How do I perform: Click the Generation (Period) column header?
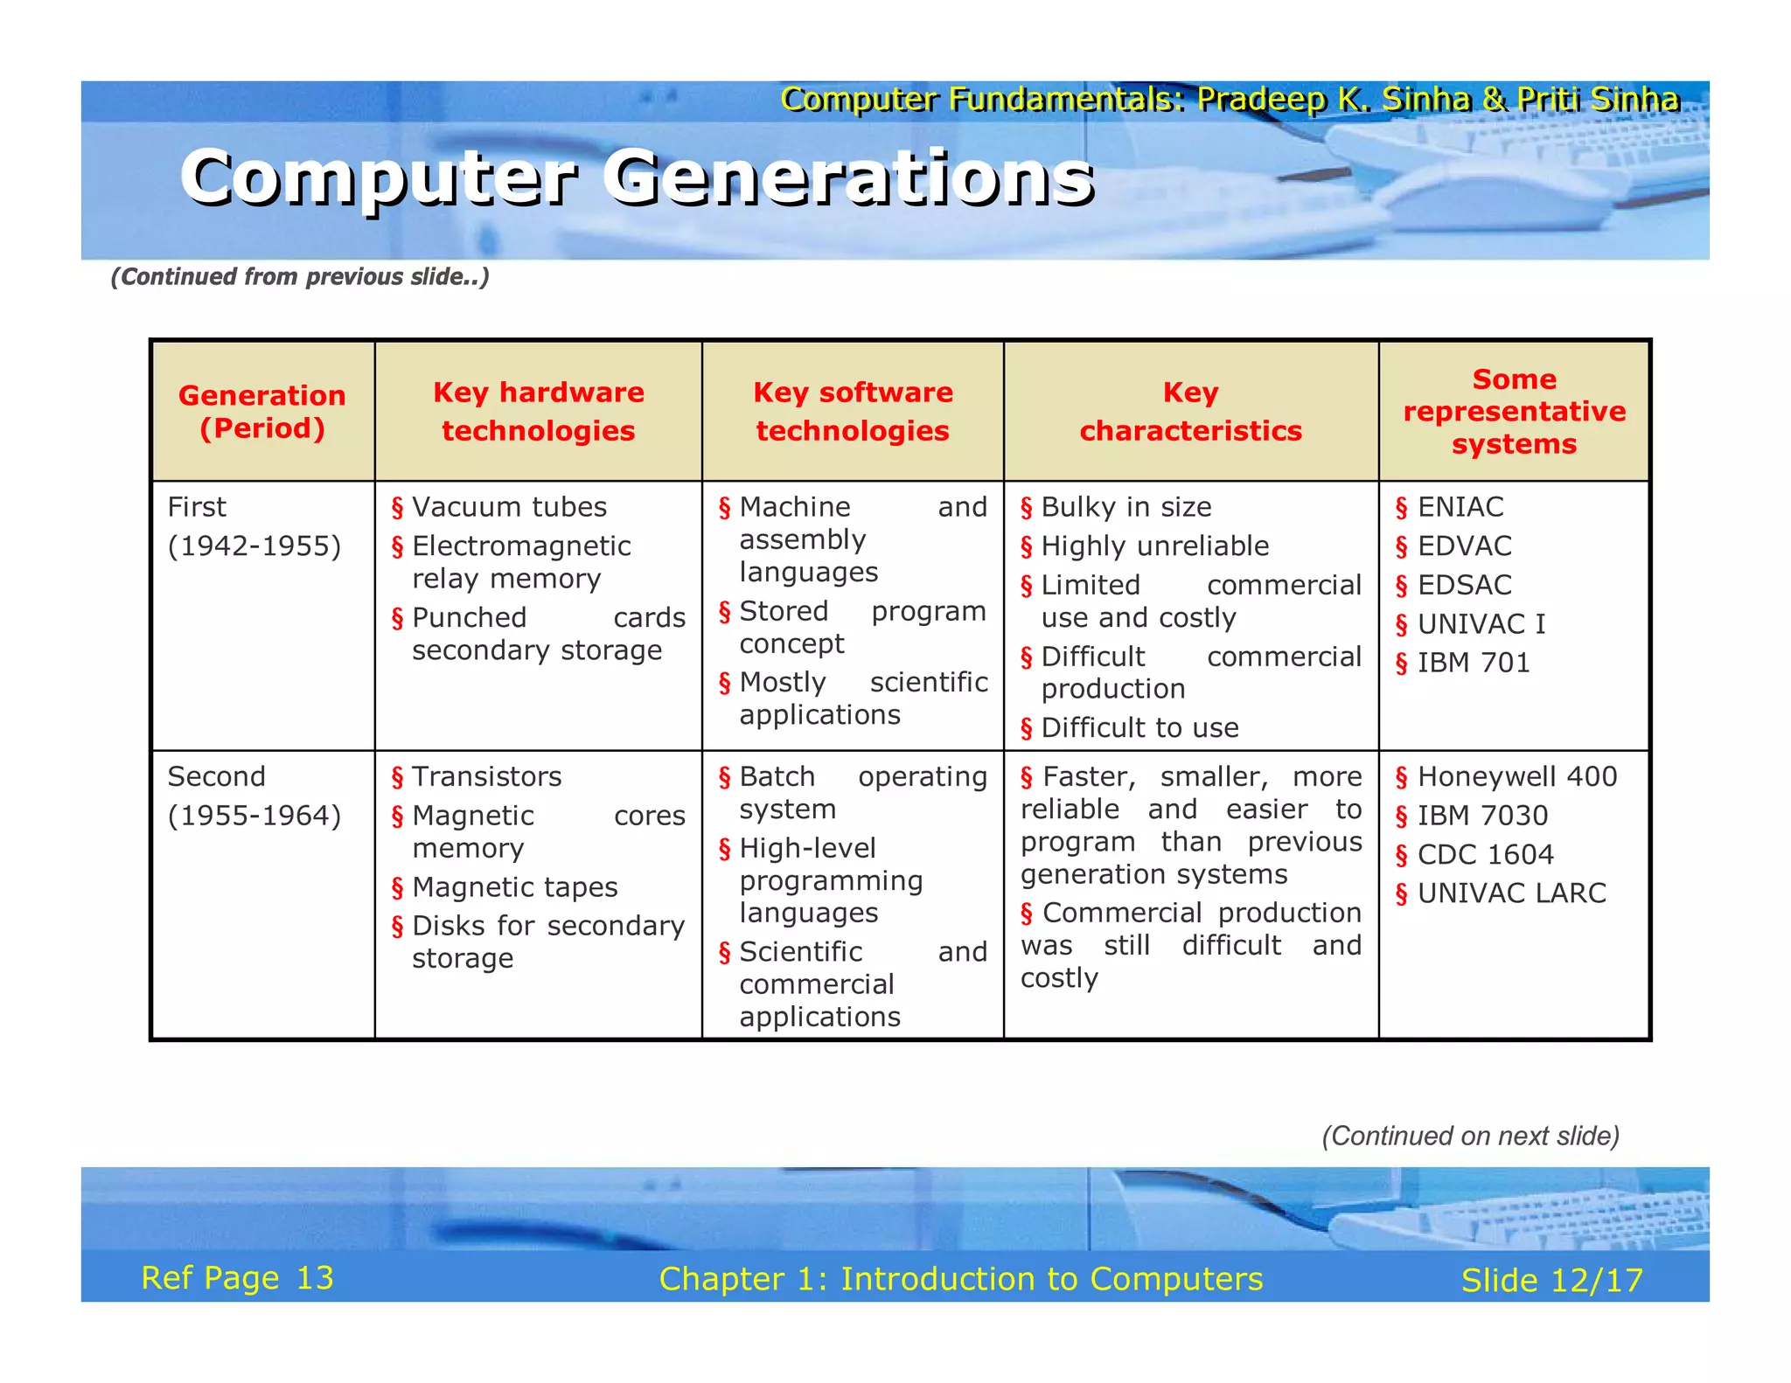[261, 412]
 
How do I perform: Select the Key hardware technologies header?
[538, 412]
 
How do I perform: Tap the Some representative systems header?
[1514, 412]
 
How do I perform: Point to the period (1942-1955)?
[254, 546]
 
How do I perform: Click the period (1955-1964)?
[254, 816]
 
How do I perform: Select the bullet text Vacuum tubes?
[509, 507]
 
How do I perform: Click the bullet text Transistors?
[486, 776]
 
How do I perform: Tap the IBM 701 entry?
[1474, 663]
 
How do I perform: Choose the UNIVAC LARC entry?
[1511, 893]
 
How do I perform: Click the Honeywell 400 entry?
[1516, 776]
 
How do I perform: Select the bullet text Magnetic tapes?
[514, 887]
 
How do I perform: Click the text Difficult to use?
[1139, 727]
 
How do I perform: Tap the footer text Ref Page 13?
[237, 1278]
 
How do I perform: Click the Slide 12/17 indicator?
[1551, 1281]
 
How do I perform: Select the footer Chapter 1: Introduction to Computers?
[960, 1279]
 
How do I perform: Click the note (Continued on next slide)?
[1470, 1136]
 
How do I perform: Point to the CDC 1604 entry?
[1485, 854]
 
